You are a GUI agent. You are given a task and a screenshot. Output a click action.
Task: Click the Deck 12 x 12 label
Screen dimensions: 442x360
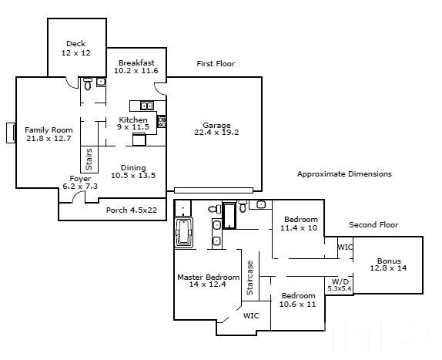click(x=76, y=49)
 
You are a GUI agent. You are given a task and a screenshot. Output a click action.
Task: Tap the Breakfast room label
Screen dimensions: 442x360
click(x=136, y=67)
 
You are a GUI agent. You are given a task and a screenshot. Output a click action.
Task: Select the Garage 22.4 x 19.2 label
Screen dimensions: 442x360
click(x=216, y=129)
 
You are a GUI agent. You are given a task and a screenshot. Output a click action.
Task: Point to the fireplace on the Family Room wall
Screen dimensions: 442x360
click(x=11, y=133)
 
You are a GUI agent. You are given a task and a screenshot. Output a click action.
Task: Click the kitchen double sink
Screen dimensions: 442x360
click(x=147, y=106)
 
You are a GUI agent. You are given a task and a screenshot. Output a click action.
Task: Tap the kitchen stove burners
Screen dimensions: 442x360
click(x=162, y=121)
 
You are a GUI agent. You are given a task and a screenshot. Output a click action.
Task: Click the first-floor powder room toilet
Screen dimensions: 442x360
click(x=88, y=84)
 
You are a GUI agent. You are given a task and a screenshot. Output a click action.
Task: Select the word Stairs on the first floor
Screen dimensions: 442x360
click(x=89, y=160)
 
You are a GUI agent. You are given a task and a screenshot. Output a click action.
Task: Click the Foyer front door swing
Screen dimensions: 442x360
click(x=79, y=197)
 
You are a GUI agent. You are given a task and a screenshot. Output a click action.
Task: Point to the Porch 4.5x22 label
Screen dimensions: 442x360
click(x=132, y=210)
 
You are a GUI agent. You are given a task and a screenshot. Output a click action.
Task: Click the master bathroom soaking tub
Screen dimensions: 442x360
click(x=184, y=233)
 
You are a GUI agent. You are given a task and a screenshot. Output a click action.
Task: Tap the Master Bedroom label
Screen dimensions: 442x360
click(x=209, y=281)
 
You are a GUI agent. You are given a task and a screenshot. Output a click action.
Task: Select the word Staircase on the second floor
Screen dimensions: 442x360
click(x=249, y=278)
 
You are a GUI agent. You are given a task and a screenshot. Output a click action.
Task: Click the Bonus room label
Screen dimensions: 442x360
click(x=388, y=264)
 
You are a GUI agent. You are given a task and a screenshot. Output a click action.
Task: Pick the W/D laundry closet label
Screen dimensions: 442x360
click(x=340, y=285)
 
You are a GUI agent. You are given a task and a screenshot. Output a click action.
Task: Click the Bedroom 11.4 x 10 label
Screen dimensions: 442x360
click(x=300, y=224)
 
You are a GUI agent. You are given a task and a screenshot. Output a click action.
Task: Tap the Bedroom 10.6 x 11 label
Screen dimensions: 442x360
click(x=298, y=300)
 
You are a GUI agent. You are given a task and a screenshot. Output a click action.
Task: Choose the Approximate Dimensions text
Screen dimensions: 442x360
click(x=344, y=173)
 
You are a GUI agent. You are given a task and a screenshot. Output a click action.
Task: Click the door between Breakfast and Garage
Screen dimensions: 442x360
click(x=160, y=89)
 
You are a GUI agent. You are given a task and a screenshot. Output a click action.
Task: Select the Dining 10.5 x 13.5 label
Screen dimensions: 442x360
click(x=133, y=172)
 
